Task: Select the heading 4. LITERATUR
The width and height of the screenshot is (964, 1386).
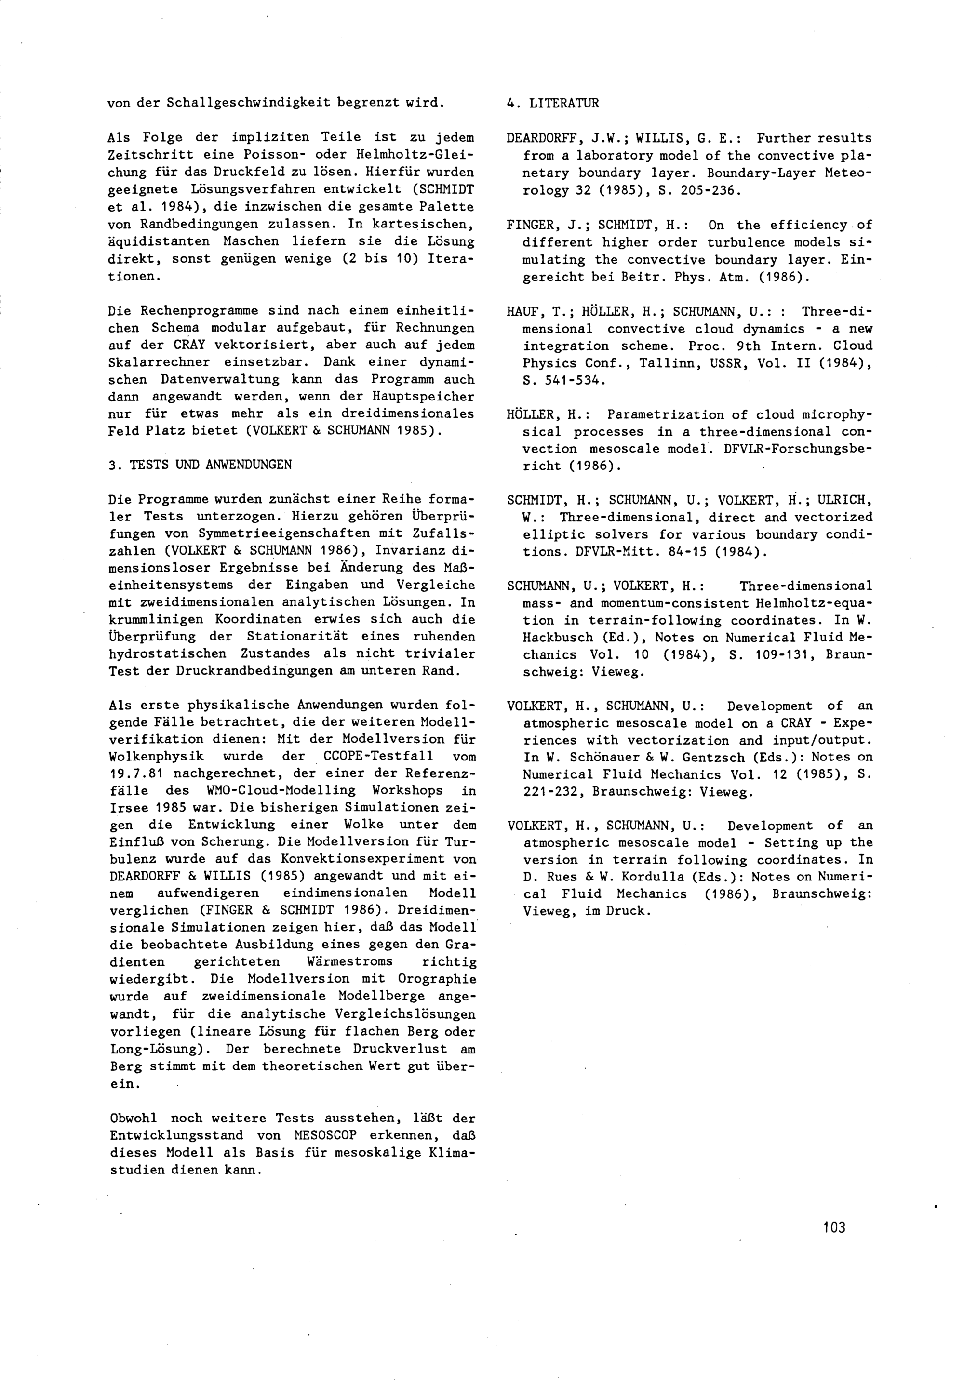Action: pos(553,103)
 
